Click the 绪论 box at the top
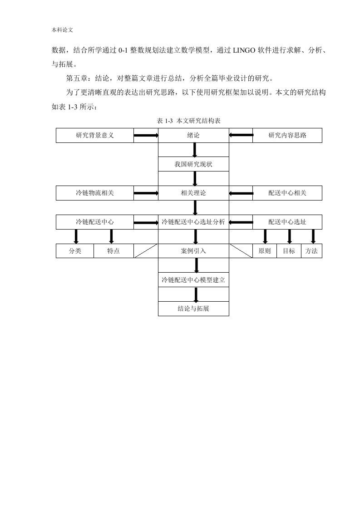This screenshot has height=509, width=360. point(193,135)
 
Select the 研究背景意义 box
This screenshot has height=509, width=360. point(95,135)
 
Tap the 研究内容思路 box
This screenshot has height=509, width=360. point(287,135)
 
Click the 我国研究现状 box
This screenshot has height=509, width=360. point(193,164)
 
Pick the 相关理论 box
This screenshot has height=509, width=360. point(193,193)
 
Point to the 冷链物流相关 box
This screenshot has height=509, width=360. point(95,193)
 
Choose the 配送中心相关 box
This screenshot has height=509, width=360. point(287,193)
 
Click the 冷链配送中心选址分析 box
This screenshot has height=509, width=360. point(193,222)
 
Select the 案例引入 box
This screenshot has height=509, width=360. point(193,251)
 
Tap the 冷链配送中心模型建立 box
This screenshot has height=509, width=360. point(193,280)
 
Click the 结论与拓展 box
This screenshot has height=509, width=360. point(193,308)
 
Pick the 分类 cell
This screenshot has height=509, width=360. point(75,251)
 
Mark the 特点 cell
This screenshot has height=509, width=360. point(113,251)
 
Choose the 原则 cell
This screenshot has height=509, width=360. point(265,251)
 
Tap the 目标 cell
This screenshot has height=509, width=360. point(289,251)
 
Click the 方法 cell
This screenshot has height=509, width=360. point(311,251)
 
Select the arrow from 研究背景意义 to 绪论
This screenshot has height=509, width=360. point(146,135)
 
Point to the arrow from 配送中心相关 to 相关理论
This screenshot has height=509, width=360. point(241,193)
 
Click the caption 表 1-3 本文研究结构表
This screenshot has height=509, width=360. point(189,121)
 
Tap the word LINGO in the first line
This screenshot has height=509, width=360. point(244,50)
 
